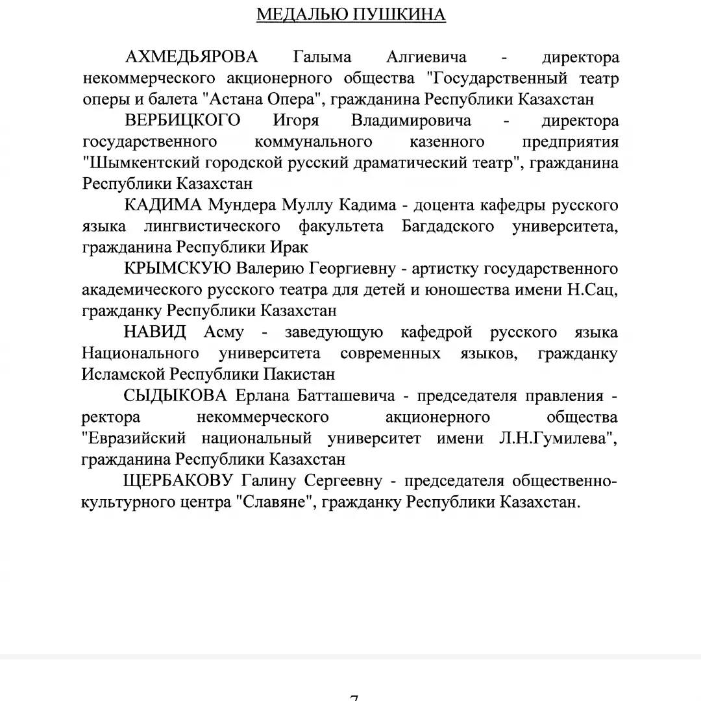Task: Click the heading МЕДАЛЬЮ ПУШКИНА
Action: (351, 15)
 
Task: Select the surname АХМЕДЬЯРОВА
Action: (191, 57)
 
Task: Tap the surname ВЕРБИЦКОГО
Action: (182, 121)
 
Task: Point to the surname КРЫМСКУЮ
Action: (177, 269)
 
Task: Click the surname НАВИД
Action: (155, 332)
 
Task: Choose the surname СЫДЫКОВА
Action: (176, 396)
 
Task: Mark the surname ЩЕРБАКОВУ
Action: (178, 481)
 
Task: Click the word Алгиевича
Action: (426, 57)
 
